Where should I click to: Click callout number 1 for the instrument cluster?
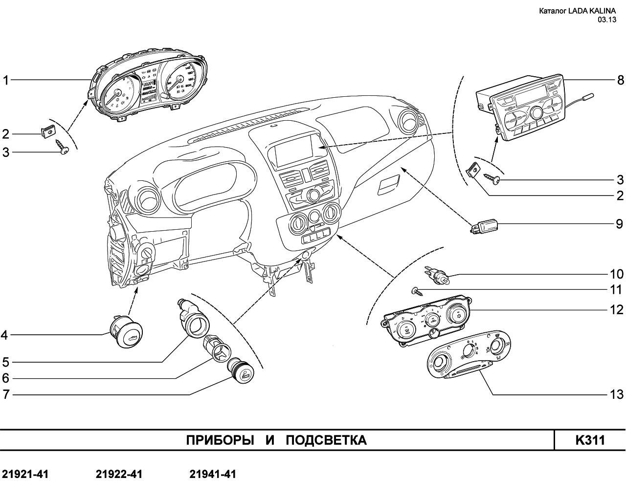[6, 80]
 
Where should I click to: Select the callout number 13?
[616, 394]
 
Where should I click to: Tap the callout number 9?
[620, 224]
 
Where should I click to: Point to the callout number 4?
[4, 335]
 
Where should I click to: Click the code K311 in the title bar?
[590, 440]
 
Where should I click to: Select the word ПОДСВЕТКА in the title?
[326, 440]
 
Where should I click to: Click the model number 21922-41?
[119, 474]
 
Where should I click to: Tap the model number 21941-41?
[213, 474]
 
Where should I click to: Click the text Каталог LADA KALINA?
[578, 11]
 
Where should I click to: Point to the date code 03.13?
[607, 20]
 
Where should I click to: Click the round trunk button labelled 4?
[126, 332]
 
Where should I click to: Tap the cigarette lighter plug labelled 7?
[241, 371]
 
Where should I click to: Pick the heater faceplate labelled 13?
[469, 354]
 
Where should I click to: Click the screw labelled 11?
[417, 291]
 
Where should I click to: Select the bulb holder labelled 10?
[437, 275]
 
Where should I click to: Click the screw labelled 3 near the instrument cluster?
[62, 146]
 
